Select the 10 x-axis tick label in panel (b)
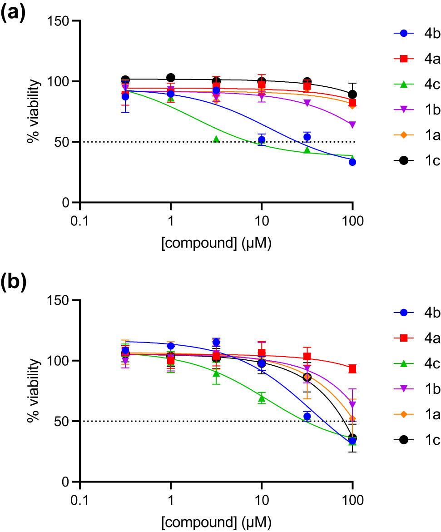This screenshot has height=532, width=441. pyautogui.click(x=261, y=502)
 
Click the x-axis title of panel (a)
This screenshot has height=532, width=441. pyautogui.click(x=216, y=244)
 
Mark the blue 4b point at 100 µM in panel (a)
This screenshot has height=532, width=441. pyautogui.click(x=352, y=162)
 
